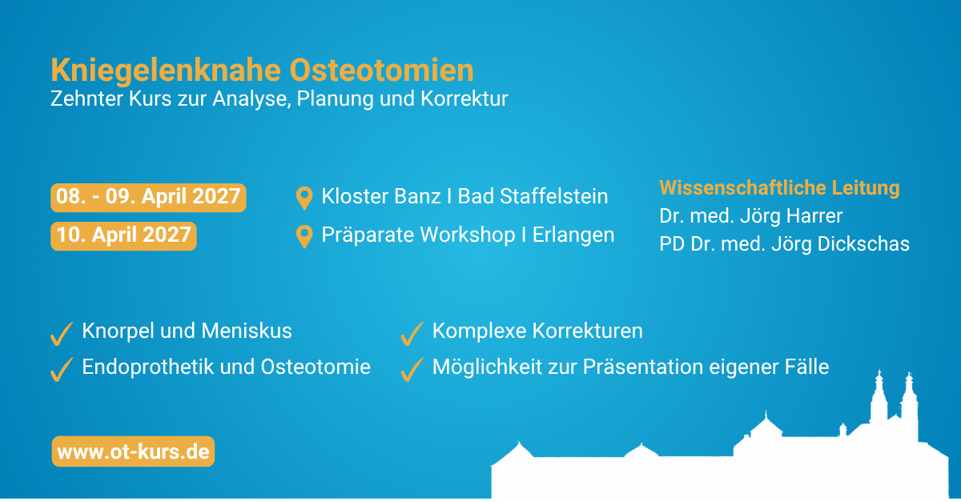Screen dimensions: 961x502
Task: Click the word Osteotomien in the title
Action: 382,70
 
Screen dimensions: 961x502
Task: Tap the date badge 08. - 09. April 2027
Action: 148,198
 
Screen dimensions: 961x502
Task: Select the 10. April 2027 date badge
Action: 123,236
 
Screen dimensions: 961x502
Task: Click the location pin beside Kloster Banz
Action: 304,199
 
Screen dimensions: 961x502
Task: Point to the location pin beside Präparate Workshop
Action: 304,236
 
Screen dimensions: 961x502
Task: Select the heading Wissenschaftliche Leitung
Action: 779,188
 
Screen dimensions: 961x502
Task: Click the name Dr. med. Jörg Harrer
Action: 751,217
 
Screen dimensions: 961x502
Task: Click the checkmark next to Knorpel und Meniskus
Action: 62,334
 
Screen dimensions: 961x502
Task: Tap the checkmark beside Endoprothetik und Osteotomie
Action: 62,369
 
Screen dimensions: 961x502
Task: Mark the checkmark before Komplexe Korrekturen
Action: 412,334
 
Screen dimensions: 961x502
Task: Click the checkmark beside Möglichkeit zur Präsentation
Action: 412,369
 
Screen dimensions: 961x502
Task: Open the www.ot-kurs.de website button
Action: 133,452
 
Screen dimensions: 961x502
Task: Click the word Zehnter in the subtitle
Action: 86,98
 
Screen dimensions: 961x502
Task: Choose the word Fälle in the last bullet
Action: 806,367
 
